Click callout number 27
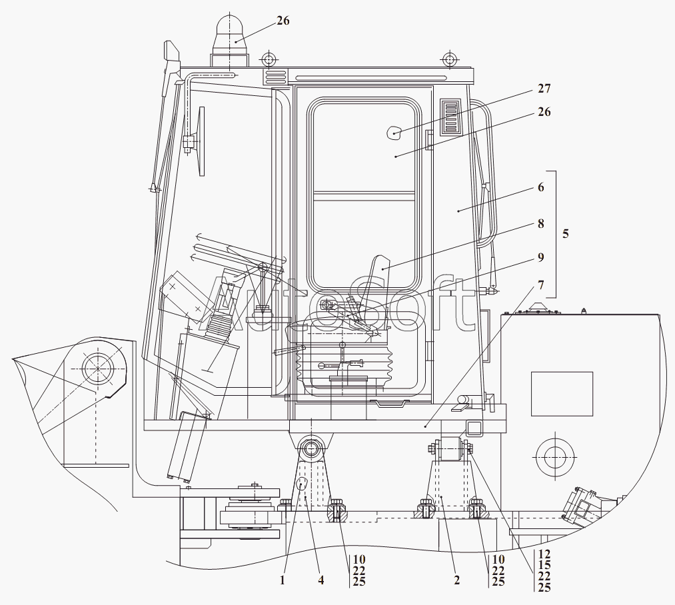pos(544,88)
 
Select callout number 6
pos(540,187)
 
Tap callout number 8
pos(540,224)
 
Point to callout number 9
pos(540,257)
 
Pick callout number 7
pos(540,285)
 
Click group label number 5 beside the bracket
pos(566,234)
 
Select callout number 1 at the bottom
pos(283,580)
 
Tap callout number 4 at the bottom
pos(321,580)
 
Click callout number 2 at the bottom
pos(456,580)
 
